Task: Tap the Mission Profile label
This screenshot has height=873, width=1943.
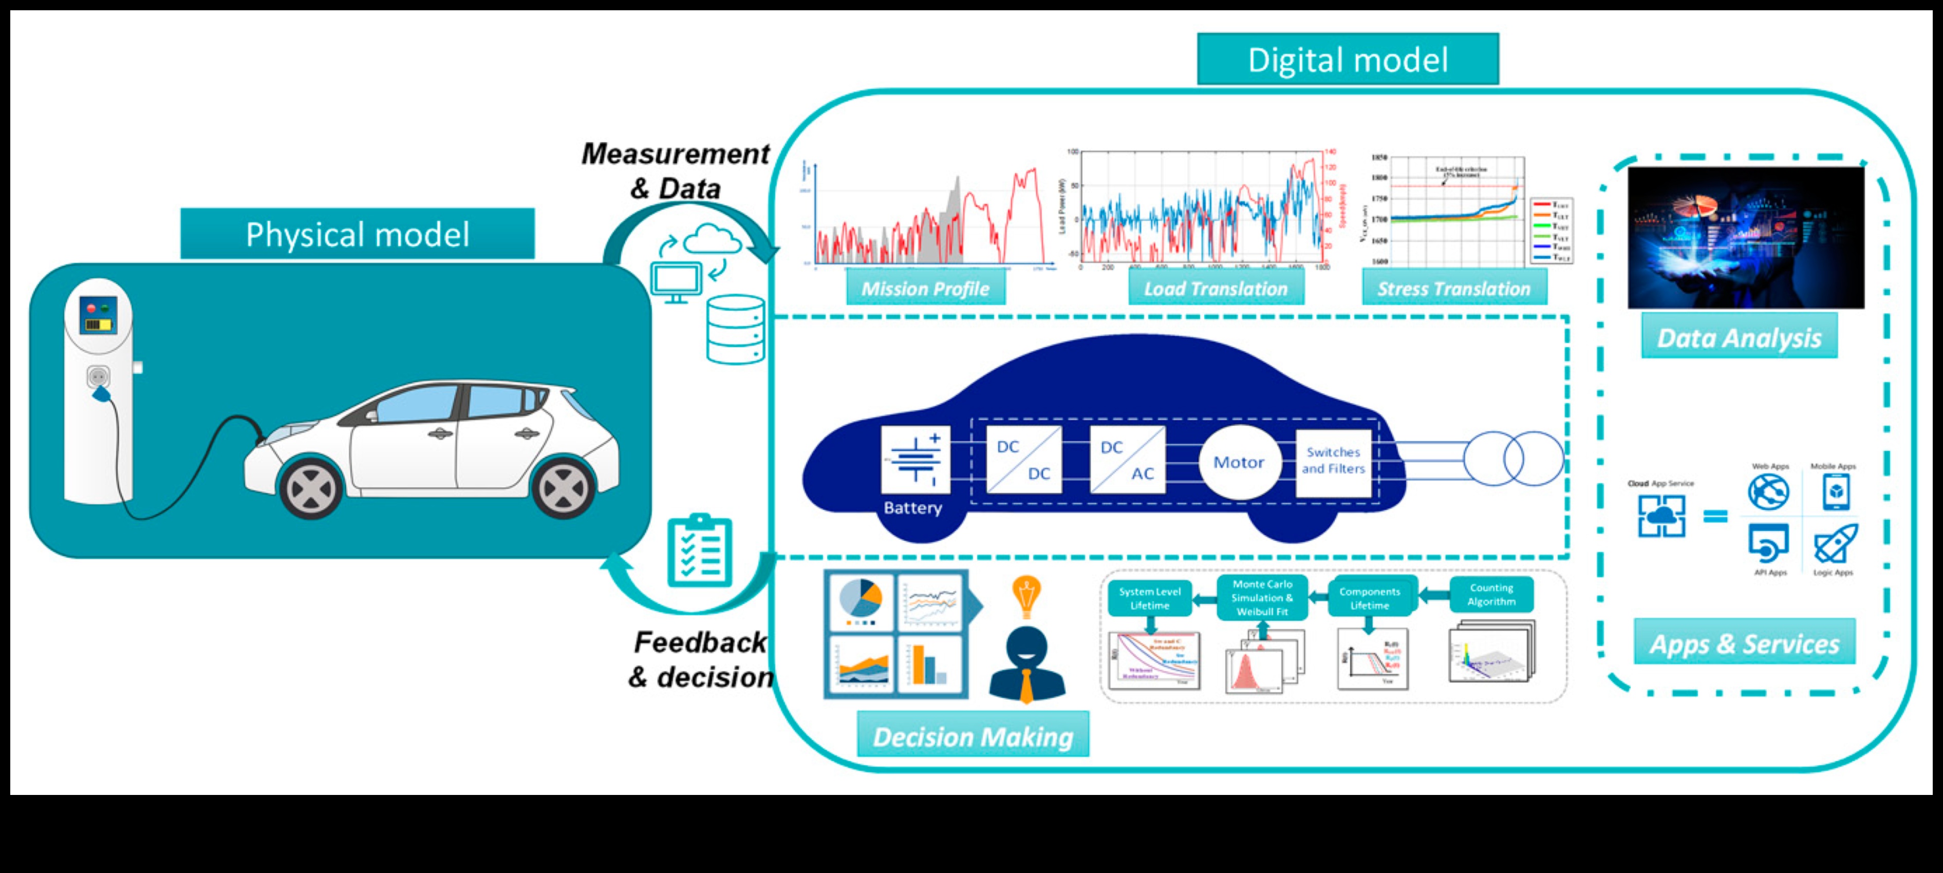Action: (x=925, y=289)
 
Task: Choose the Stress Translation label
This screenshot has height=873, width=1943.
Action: (x=1453, y=289)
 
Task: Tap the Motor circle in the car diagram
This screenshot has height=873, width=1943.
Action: (x=1239, y=462)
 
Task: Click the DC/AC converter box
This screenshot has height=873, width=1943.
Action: (x=1127, y=460)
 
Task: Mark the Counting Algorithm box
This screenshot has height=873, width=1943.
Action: (x=1491, y=595)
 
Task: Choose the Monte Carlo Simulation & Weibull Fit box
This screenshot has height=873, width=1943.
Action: (x=1262, y=598)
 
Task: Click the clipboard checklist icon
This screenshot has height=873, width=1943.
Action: (x=699, y=551)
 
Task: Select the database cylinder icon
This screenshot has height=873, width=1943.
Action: (x=735, y=330)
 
